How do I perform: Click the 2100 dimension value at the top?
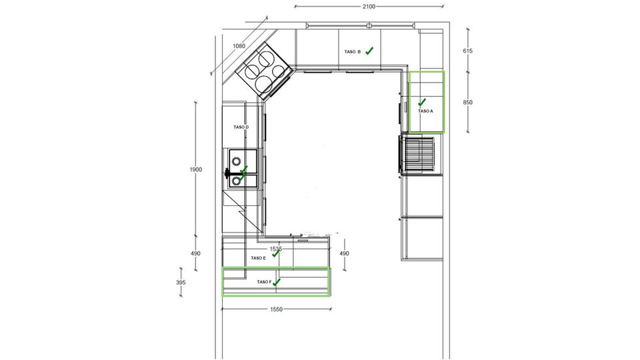pyautogui.click(x=369, y=7)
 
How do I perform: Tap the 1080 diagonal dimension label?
pyautogui.click(x=239, y=46)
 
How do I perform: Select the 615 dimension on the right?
pyautogui.click(x=468, y=51)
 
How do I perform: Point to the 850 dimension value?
pyautogui.click(x=468, y=103)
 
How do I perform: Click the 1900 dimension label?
pyautogui.click(x=195, y=169)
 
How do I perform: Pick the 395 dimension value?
pyautogui.click(x=181, y=283)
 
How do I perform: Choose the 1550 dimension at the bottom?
pyautogui.click(x=276, y=309)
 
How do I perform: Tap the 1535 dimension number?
pyautogui.click(x=276, y=249)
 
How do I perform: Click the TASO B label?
pyautogui.click(x=353, y=52)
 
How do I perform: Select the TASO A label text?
pyautogui.click(x=425, y=111)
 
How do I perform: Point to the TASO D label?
pyautogui.click(x=241, y=127)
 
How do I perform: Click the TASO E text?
pyautogui.click(x=259, y=258)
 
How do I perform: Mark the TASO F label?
pyautogui.click(x=264, y=282)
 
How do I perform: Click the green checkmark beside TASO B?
pyautogui.click(x=369, y=51)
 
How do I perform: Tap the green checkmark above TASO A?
pyautogui.click(x=422, y=102)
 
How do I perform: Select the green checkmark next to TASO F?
pyautogui.click(x=277, y=281)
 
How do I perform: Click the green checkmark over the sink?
pyautogui.click(x=243, y=173)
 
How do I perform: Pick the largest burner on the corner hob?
pyautogui.click(x=265, y=83)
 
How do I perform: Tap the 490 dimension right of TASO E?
pyautogui.click(x=344, y=253)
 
